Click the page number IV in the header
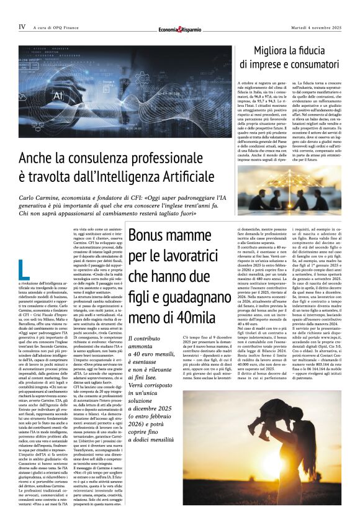(22, 27)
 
